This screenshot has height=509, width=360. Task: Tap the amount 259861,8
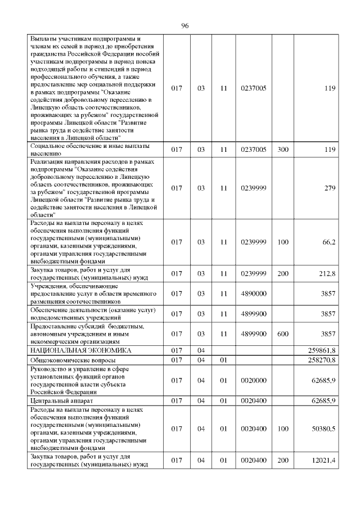322,350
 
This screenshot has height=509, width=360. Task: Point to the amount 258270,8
322,359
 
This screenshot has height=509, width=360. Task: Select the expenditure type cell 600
283,334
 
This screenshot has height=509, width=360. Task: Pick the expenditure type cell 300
283,149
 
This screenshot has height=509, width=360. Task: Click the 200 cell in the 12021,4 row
283,461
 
